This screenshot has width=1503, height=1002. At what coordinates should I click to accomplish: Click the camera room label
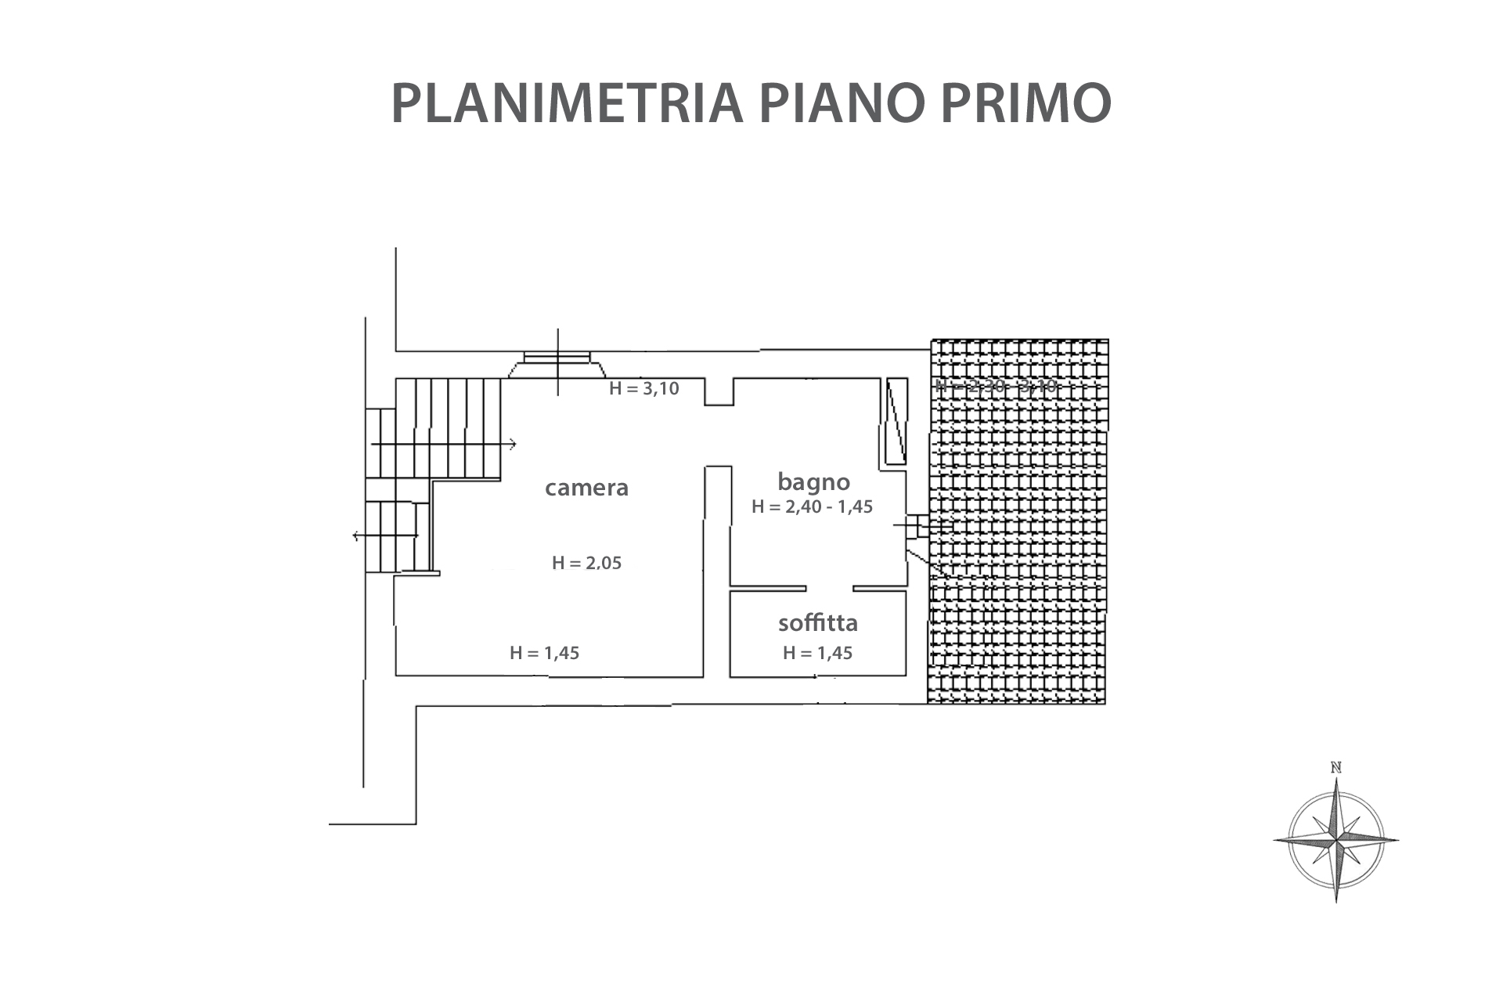click(x=586, y=488)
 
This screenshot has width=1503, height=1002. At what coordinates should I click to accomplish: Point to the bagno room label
click(x=813, y=481)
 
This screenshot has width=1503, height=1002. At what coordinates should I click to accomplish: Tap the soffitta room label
click(x=818, y=623)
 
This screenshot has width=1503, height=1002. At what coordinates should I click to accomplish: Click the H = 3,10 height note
click(x=643, y=388)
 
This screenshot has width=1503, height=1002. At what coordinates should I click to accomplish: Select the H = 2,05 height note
click(x=586, y=563)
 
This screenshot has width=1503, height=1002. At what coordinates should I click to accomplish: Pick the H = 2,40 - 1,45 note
click(x=812, y=506)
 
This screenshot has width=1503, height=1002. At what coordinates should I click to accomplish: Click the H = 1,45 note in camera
click(x=544, y=653)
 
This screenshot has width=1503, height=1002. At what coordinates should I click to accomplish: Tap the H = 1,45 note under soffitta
click(x=817, y=653)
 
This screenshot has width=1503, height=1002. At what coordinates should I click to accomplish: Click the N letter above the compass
click(x=1336, y=768)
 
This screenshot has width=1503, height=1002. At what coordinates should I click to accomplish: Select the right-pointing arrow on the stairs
click(x=512, y=445)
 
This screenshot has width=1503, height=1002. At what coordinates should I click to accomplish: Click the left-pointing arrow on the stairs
click(x=357, y=535)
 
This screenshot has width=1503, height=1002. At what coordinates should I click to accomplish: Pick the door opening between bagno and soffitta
click(x=829, y=588)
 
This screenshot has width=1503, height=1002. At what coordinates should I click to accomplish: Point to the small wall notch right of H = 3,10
click(x=719, y=391)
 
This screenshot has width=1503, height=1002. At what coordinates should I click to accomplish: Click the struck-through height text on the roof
click(x=996, y=386)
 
